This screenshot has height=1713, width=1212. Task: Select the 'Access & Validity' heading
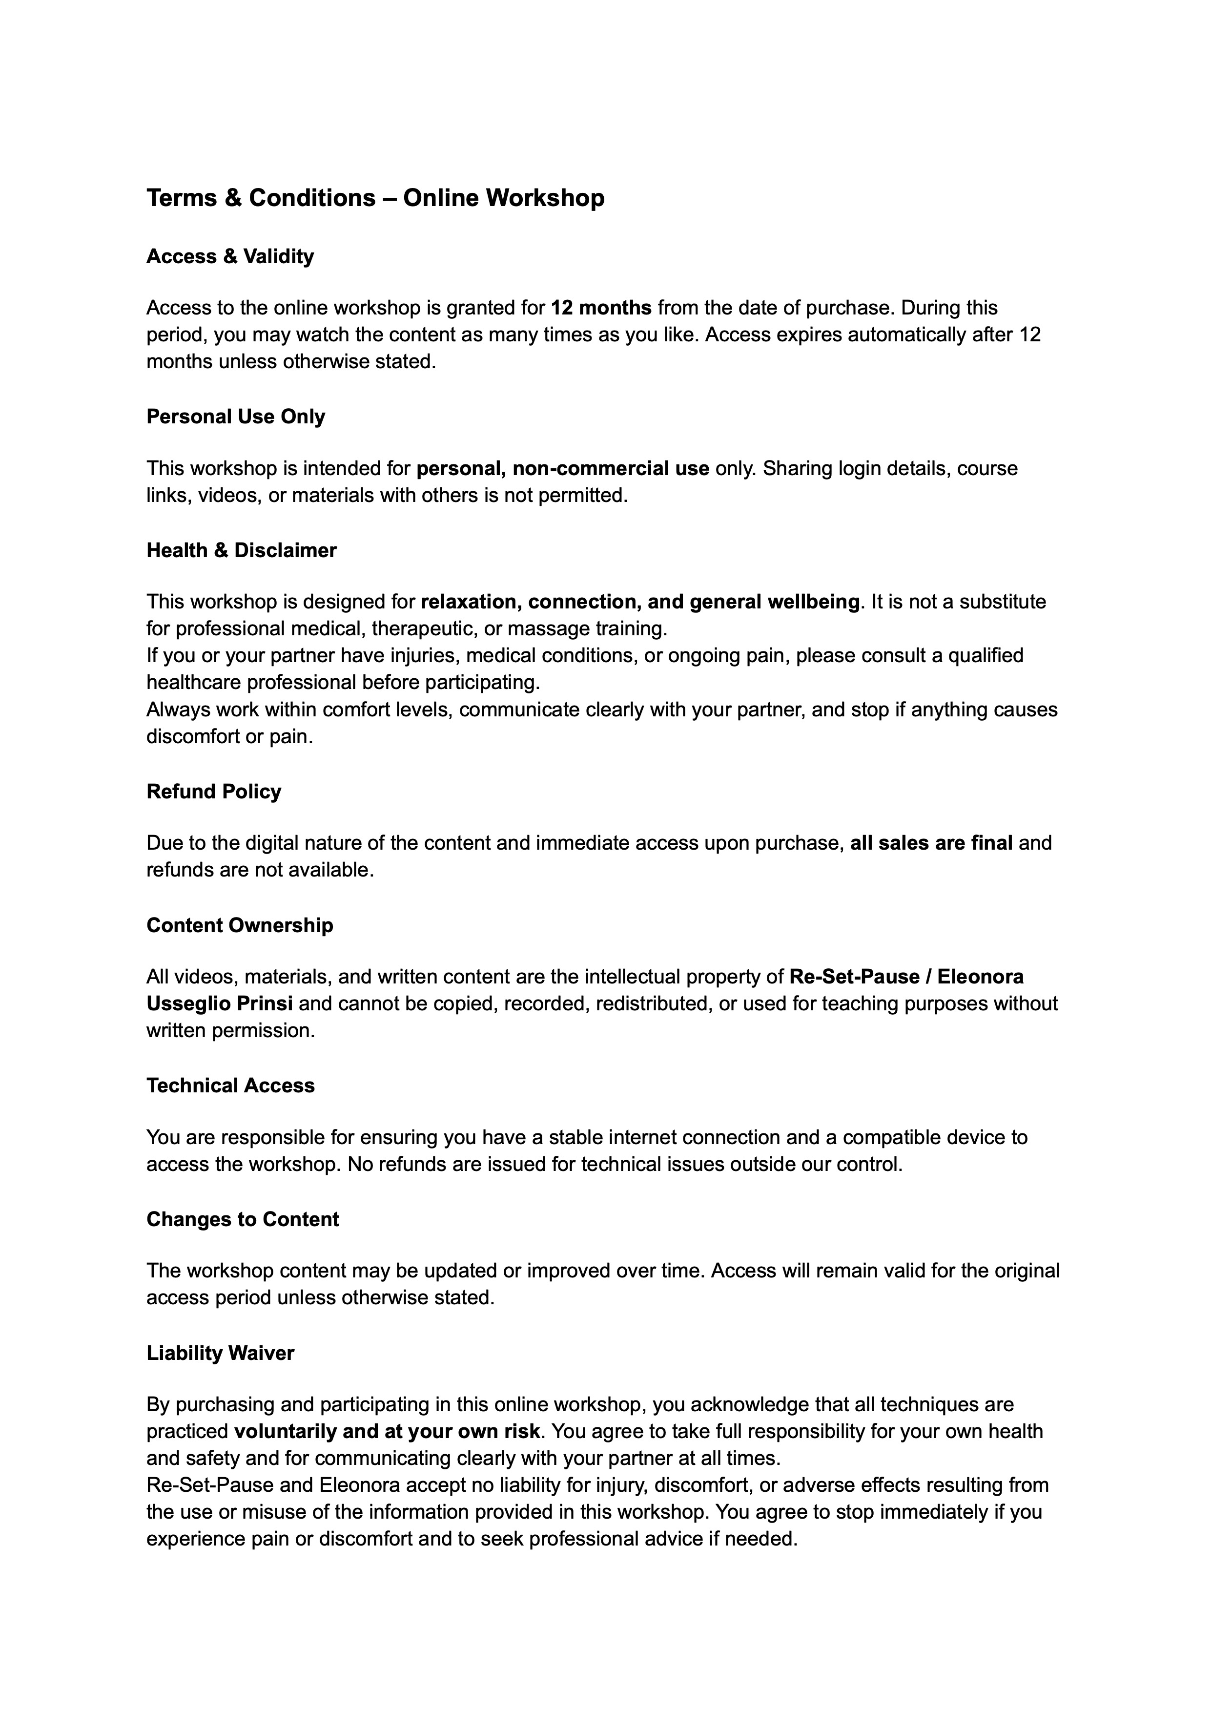coord(230,257)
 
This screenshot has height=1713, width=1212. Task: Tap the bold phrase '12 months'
coord(601,308)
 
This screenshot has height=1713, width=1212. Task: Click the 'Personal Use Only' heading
coord(236,417)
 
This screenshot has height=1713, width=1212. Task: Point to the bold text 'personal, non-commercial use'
coord(563,469)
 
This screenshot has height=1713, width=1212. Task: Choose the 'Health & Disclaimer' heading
coord(241,551)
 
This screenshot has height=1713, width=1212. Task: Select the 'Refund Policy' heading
coord(213,792)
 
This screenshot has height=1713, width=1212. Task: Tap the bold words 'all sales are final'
coord(931,843)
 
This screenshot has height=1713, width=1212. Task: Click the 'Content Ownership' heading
coord(240,925)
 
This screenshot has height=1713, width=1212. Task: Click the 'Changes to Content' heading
coord(243,1220)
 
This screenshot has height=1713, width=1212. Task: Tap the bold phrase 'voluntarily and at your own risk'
coord(387,1432)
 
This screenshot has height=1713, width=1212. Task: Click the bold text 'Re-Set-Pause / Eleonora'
coord(906,977)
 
